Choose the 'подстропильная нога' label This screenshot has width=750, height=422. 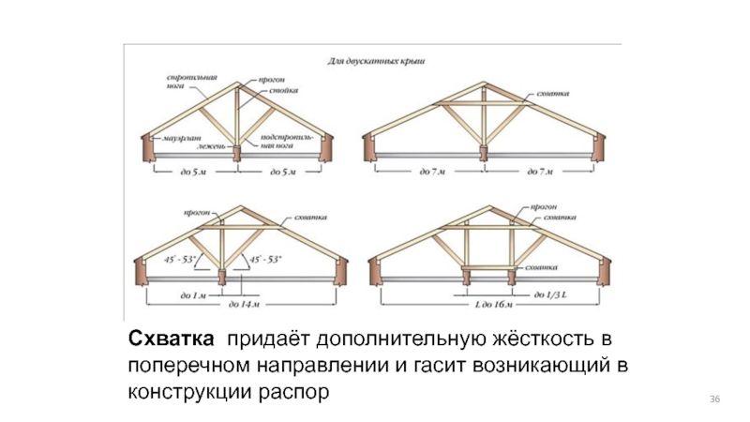tap(280, 143)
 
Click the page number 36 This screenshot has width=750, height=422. tap(715, 401)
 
